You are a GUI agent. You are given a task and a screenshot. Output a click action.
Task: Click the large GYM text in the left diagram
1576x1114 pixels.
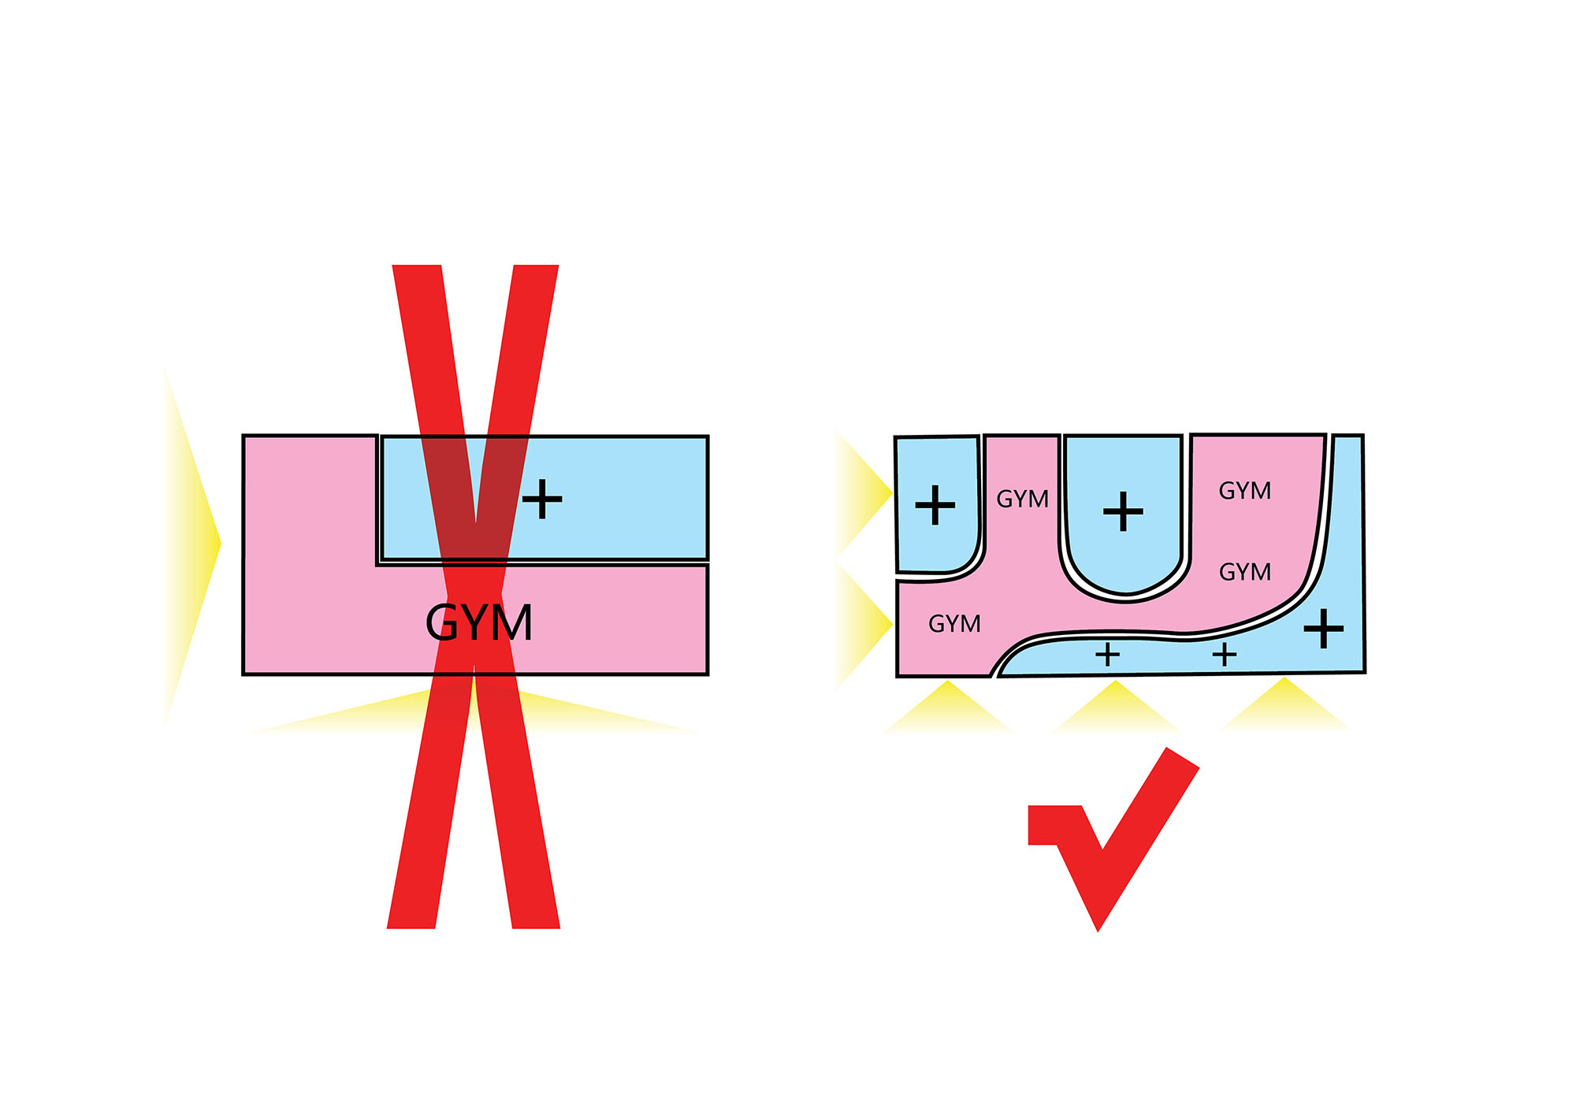click(x=479, y=623)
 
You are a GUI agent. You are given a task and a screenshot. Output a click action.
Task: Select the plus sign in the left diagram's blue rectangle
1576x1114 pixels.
click(x=542, y=499)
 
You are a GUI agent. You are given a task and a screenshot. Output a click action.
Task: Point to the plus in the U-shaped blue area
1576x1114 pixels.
click(x=1123, y=512)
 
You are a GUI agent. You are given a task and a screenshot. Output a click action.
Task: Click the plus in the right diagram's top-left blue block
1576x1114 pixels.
click(x=935, y=505)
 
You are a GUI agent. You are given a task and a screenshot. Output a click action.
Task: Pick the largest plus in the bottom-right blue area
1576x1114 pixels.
click(x=1324, y=629)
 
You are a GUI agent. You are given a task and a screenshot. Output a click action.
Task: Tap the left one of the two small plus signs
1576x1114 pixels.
click(x=1107, y=655)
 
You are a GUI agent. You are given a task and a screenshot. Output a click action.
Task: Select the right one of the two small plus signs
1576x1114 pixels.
click(x=1225, y=655)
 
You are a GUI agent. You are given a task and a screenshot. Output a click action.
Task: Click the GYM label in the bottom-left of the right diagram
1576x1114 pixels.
click(x=954, y=624)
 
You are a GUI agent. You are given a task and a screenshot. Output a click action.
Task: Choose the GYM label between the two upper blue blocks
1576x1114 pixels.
click(x=1022, y=499)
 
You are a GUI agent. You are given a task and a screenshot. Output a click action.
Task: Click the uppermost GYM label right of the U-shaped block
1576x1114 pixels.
click(x=1245, y=491)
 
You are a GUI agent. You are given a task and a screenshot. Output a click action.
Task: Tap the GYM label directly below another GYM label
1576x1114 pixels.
click(x=1245, y=572)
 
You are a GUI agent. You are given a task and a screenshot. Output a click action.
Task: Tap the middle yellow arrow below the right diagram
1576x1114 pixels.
click(x=1116, y=705)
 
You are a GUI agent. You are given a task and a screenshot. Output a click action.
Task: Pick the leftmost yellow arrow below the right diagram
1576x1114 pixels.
click(x=949, y=705)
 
